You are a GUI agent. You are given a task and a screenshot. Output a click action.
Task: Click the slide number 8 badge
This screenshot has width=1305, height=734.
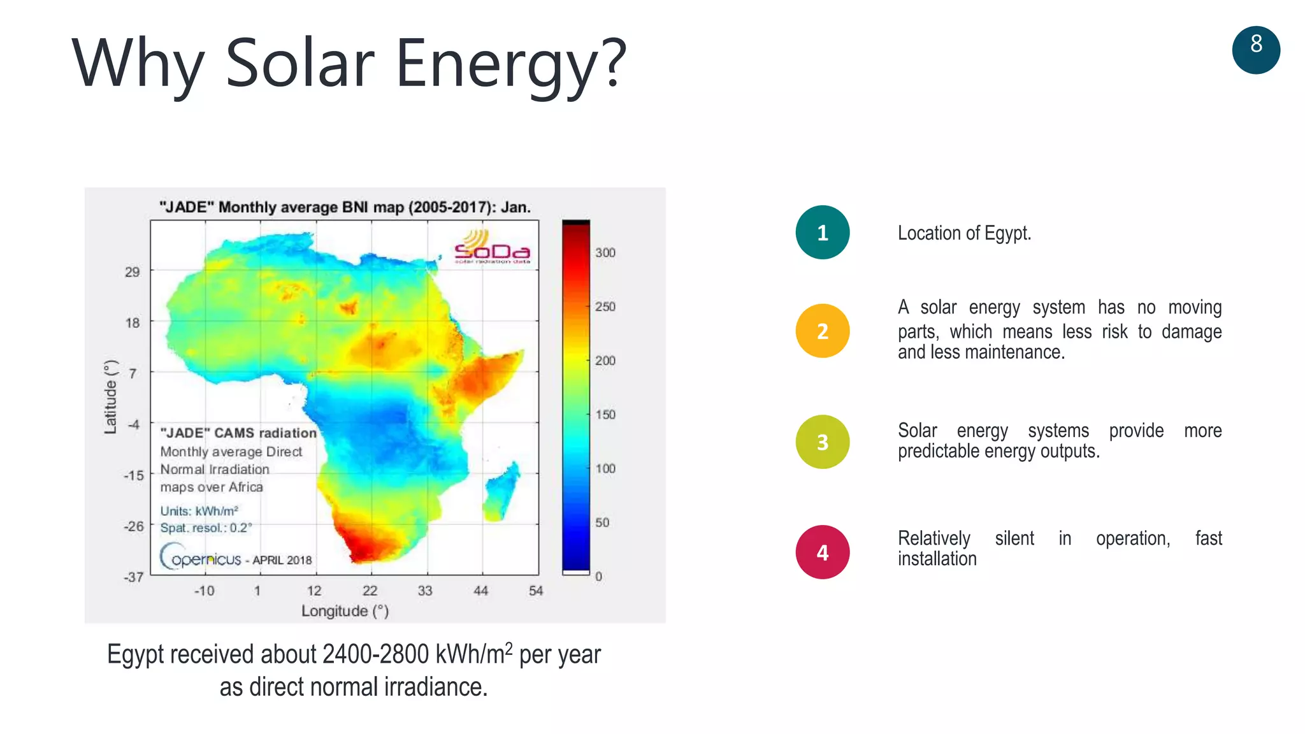click(x=1255, y=50)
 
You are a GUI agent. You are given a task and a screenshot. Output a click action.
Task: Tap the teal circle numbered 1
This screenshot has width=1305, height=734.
click(x=822, y=233)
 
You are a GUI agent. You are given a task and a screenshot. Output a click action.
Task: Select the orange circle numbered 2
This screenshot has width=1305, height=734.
click(x=822, y=331)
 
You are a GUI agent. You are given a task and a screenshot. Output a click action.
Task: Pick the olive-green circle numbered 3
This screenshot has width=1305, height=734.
click(x=822, y=442)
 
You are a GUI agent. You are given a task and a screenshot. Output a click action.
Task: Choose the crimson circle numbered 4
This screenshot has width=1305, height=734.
click(x=822, y=552)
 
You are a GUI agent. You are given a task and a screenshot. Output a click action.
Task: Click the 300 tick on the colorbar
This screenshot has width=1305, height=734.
click(x=605, y=253)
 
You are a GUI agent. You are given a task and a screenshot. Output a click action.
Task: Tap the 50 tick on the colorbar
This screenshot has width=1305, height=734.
click(x=602, y=522)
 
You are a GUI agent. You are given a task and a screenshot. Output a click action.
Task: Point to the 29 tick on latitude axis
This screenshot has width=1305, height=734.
click(x=132, y=272)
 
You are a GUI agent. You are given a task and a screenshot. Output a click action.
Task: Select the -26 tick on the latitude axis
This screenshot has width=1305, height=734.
click(x=133, y=526)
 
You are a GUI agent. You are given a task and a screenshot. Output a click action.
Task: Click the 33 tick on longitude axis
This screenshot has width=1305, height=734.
click(x=425, y=591)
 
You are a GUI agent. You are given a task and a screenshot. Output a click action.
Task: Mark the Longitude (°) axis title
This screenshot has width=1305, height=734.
click(x=345, y=611)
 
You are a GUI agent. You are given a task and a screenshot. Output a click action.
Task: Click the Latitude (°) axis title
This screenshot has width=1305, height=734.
click(x=111, y=397)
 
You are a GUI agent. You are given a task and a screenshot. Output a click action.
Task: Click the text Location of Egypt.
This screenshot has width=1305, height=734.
click(x=963, y=233)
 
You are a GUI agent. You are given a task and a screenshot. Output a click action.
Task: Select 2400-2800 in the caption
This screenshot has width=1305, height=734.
click(x=375, y=654)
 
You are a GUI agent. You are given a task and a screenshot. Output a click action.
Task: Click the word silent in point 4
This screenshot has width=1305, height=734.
click(x=1014, y=538)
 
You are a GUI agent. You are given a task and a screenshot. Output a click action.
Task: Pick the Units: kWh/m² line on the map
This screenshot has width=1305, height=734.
click(x=199, y=511)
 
